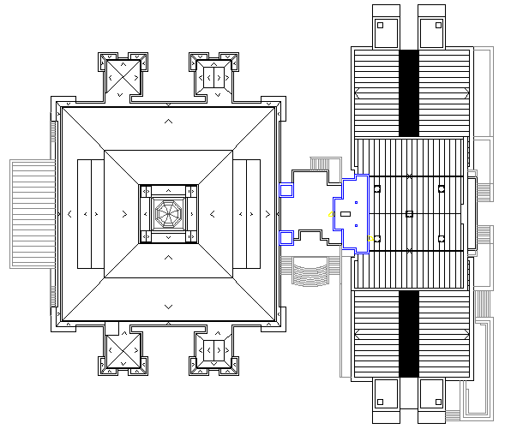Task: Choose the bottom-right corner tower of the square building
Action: [x=212, y=349]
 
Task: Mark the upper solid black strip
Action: [x=409, y=92]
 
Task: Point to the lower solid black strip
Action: [x=409, y=332]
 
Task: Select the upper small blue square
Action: [x=286, y=190]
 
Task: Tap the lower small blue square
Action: [x=286, y=237]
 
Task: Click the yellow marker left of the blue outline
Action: [x=332, y=214]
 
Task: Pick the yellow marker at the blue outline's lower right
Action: [x=370, y=238]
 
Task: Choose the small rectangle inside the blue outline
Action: [x=346, y=213]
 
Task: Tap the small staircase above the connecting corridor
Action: [x=323, y=165]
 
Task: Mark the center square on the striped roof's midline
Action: [x=409, y=213]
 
